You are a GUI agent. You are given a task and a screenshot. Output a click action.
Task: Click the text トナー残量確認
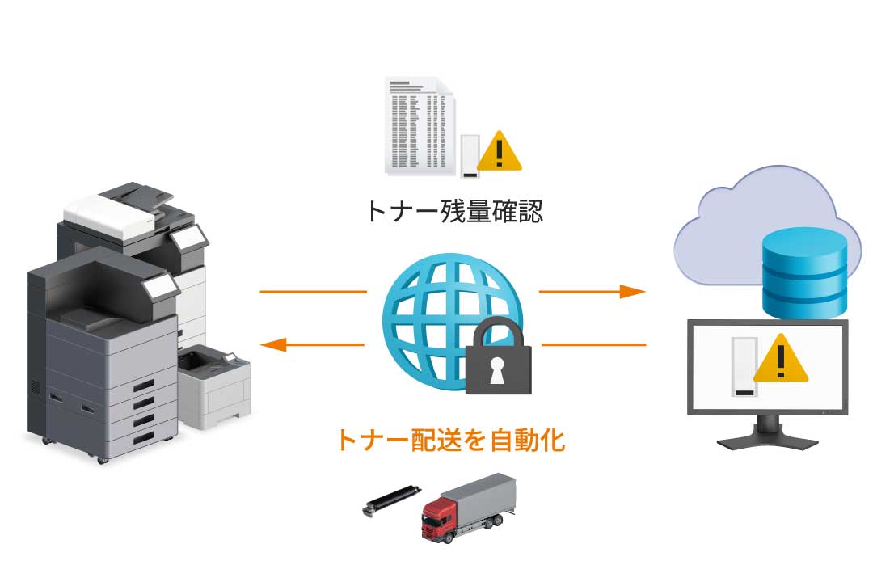point(453,211)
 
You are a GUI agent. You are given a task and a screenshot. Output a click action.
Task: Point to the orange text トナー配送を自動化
point(449,441)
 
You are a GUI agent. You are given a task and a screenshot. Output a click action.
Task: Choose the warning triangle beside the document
point(500,151)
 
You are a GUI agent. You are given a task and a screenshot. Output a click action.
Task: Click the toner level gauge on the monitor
point(744,368)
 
